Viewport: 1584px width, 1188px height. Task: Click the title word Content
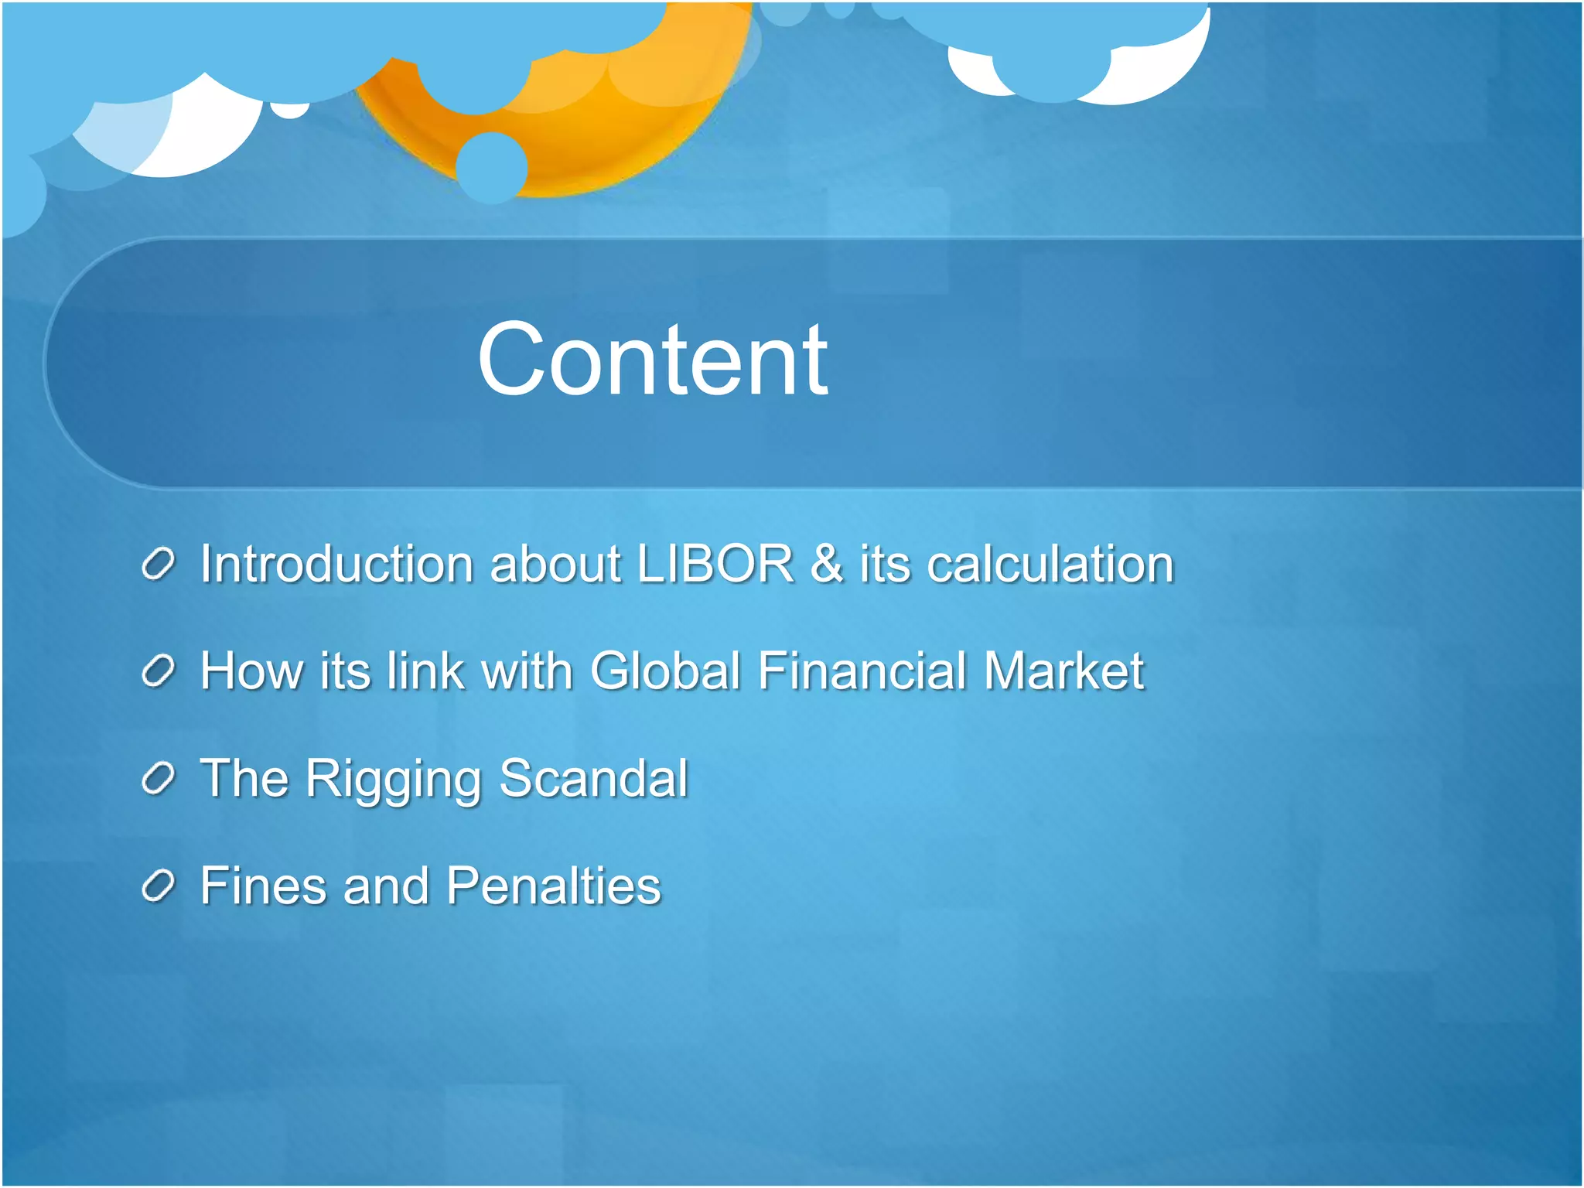pyautogui.click(x=652, y=360)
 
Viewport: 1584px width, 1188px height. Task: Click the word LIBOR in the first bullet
pyautogui.click(x=715, y=564)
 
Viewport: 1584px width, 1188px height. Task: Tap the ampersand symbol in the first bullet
pyautogui.click(x=826, y=564)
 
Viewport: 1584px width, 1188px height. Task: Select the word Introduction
pyautogui.click(x=334, y=564)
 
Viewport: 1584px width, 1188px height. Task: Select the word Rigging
pyautogui.click(x=394, y=780)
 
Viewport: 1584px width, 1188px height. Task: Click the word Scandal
pyautogui.click(x=593, y=778)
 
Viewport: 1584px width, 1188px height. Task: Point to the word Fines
pyautogui.click(x=263, y=886)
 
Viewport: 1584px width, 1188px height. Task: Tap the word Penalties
pyautogui.click(x=554, y=886)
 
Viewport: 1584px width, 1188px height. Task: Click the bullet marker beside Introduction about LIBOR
pyautogui.click(x=159, y=565)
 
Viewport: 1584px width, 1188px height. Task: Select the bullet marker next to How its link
pyautogui.click(x=159, y=671)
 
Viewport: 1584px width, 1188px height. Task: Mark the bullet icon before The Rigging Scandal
pyautogui.click(x=159, y=779)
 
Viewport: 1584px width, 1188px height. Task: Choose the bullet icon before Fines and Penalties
pyautogui.click(x=159, y=886)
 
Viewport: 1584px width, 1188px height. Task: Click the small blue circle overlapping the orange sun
pyautogui.click(x=491, y=167)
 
